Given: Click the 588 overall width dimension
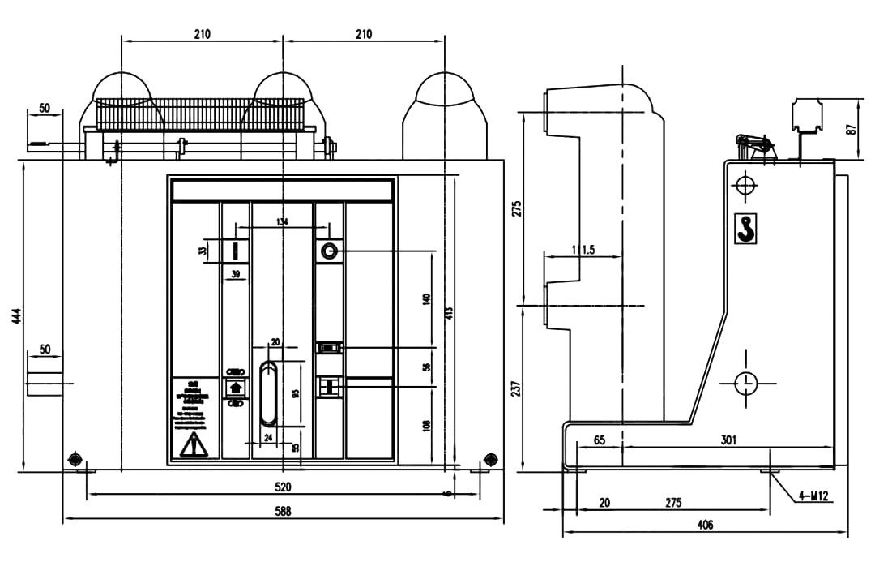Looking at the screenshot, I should click(x=283, y=511).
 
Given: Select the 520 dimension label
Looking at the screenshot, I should click(x=283, y=487).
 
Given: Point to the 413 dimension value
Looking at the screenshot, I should click(x=448, y=315).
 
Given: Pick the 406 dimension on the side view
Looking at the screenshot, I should click(x=705, y=526).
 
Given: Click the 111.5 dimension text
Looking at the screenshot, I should click(x=582, y=251).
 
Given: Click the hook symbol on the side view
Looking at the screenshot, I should click(x=745, y=230).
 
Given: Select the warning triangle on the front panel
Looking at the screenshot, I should click(x=192, y=444).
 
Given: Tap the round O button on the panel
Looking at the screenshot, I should click(x=329, y=251).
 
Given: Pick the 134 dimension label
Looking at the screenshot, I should click(x=282, y=221).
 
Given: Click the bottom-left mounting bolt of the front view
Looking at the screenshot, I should click(x=76, y=460).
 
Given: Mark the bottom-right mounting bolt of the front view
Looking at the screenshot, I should click(x=489, y=460).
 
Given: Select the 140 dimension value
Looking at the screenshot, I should click(x=427, y=299).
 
